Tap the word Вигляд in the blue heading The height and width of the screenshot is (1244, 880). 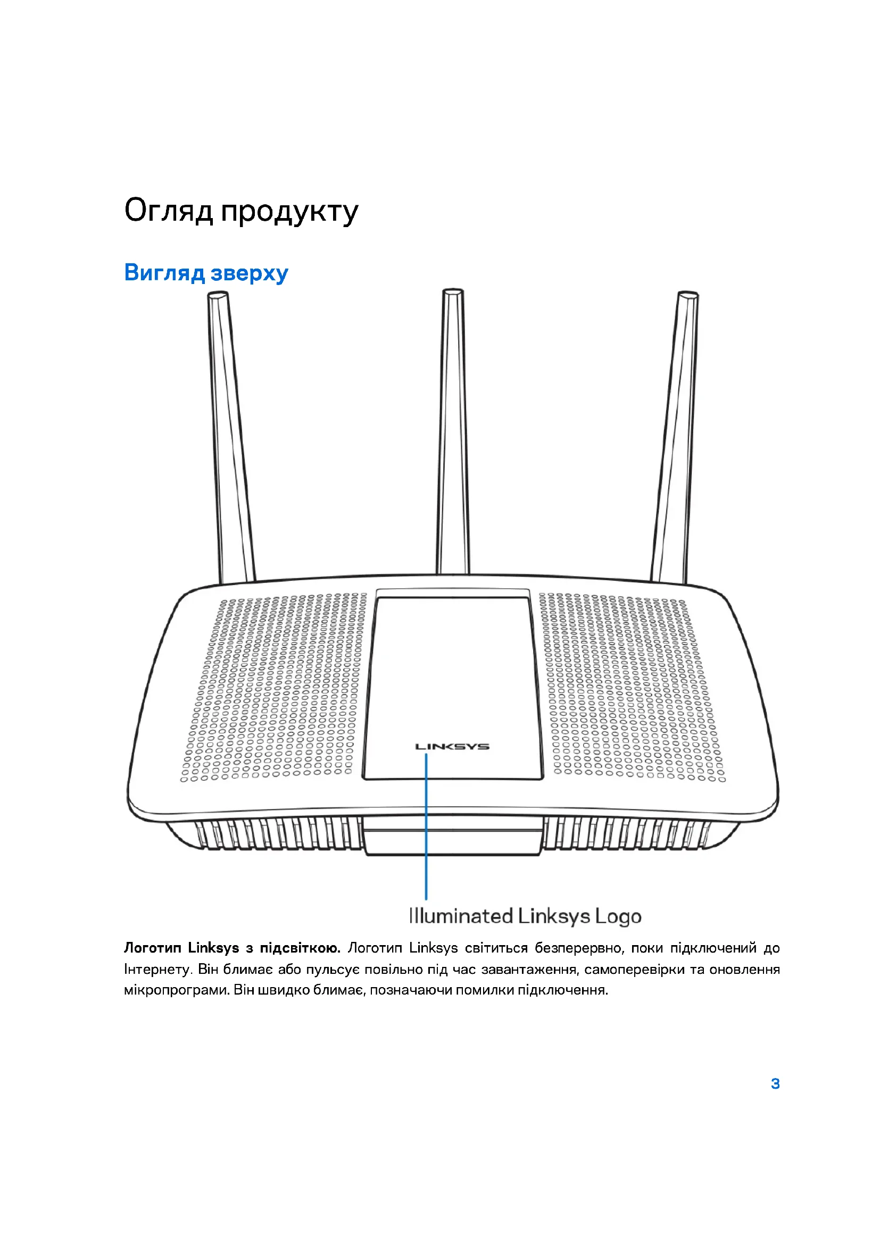point(164,272)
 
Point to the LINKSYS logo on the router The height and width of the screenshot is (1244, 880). point(452,747)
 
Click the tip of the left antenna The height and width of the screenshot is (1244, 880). point(217,296)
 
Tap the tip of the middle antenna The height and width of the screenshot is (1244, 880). point(453,293)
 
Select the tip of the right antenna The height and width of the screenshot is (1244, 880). point(687,296)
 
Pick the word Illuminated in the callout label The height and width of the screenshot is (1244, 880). point(461,916)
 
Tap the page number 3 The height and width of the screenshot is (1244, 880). point(775,1083)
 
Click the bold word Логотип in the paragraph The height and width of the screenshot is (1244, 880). point(152,948)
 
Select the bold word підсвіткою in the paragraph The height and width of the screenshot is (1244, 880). point(300,948)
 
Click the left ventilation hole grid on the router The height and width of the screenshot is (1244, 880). point(273,688)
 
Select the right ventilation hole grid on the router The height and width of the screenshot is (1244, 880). point(632,688)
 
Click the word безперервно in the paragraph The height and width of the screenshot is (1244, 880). point(579,948)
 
